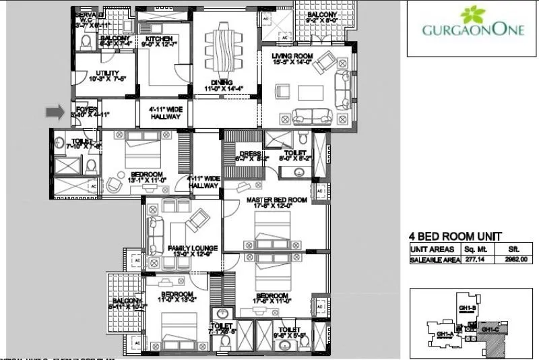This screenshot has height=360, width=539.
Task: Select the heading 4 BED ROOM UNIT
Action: pyautogui.click(x=455, y=236)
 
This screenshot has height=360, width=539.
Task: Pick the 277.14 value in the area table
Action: pyautogui.click(x=469, y=259)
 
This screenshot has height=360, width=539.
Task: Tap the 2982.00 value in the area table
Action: pyautogui.click(x=507, y=259)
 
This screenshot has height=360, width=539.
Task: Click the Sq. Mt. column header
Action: pyautogui.click(x=469, y=249)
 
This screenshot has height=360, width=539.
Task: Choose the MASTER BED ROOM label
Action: pyautogui.click(x=276, y=200)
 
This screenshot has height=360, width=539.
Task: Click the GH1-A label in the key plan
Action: pyautogui.click(x=444, y=334)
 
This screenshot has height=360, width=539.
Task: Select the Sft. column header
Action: pyautogui.click(x=507, y=249)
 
